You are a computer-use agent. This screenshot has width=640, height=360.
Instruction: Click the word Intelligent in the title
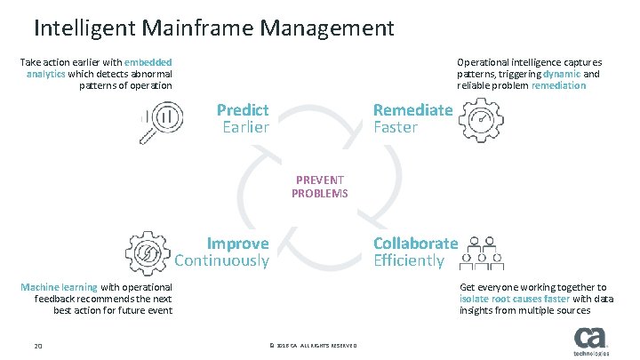84,28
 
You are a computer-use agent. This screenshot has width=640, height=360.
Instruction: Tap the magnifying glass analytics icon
157,121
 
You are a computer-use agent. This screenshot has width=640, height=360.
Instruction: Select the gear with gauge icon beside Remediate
480,120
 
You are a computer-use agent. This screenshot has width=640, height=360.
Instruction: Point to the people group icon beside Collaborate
484,252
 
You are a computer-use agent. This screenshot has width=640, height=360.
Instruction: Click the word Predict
243,110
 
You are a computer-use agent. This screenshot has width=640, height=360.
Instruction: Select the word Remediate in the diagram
412,110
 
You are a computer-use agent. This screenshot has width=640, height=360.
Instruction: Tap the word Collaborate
415,244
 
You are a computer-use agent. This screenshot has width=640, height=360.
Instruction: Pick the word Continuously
221,260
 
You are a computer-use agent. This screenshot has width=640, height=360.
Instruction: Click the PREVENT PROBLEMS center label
319,187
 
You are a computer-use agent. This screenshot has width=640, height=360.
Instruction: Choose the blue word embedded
148,62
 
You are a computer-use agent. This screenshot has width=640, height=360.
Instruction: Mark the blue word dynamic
562,75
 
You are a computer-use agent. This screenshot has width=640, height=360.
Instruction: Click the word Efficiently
408,260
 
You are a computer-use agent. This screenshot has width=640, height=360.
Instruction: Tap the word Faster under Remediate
395,127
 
